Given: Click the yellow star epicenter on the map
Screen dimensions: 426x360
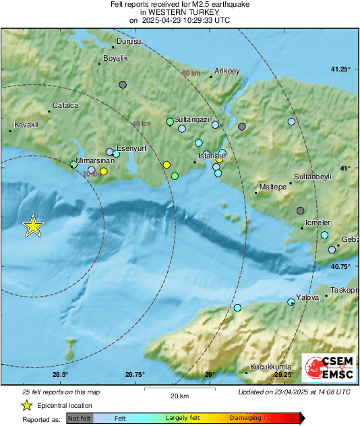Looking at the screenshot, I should (32, 226).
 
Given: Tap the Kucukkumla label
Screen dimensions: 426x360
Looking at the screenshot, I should (270, 367).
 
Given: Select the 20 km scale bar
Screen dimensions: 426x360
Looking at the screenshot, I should (178, 389).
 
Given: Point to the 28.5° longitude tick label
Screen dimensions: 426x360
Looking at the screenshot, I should (60, 375).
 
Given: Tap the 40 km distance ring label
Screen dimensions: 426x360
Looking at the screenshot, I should (142, 124).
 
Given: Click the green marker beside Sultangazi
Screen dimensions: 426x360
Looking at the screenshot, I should (170, 122).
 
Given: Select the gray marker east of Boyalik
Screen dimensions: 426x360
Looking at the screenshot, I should (123, 85).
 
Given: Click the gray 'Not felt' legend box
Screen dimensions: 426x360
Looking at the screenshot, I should (80, 418).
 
